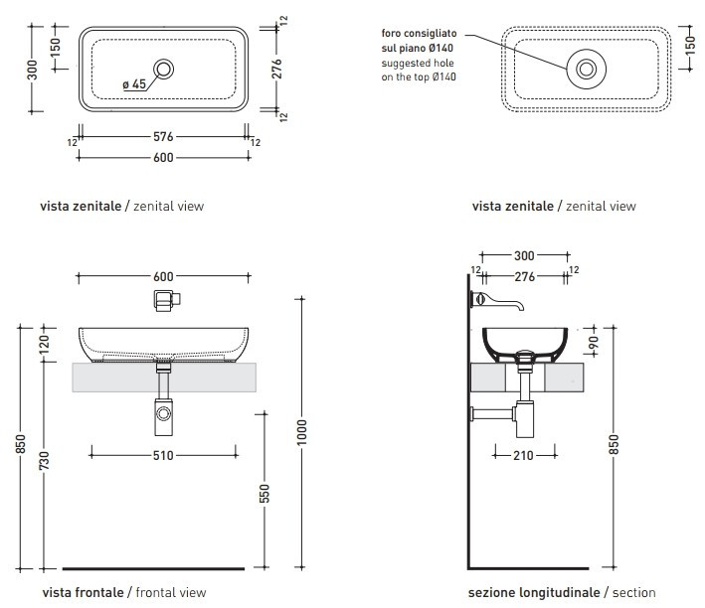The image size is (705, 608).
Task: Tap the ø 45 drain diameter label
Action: [x=134, y=85]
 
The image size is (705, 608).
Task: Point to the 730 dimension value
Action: [x=44, y=461]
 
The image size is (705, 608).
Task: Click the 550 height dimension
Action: [x=264, y=493]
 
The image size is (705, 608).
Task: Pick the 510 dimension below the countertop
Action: [x=164, y=455]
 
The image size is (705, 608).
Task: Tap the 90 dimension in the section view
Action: [x=594, y=343]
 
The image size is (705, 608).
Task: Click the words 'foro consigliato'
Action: [x=421, y=33]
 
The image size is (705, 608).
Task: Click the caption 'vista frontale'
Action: [x=83, y=592]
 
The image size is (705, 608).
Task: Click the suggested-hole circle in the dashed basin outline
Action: [x=586, y=69]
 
